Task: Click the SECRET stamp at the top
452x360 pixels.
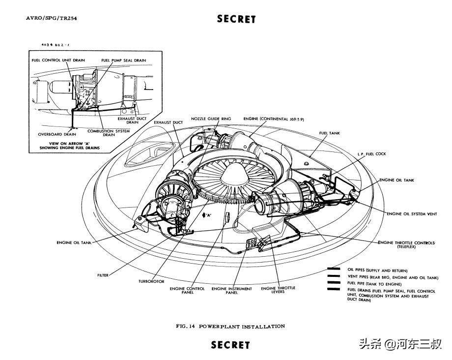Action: [x=236, y=19]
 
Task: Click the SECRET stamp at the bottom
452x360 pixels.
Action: [x=230, y=345]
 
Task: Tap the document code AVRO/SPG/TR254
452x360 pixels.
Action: [x=52, y=18]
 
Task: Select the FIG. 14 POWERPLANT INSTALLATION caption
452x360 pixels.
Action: [x=230, y=326]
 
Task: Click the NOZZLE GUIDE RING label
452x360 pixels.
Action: [x=211, y=119]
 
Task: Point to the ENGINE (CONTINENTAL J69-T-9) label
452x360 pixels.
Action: [x=274, y=119]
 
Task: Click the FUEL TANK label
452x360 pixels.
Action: [x=330, y=133]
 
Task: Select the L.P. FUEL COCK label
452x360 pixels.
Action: [x=371, y=154]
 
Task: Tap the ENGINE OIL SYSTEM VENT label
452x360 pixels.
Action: [x=412, y=214]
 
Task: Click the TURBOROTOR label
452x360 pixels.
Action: [x=151, y=281]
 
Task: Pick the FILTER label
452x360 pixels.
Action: [x=103, y=275]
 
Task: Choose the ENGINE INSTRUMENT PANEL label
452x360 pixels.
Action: [x=232, y=291]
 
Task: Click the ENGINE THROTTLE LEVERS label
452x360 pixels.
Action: [x=278, y=290]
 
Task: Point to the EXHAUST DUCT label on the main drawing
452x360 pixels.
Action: [x=169, y=122]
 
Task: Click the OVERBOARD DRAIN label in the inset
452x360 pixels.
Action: [x=57, y=134]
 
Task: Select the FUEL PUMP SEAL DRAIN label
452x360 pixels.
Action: [x=124, y=60]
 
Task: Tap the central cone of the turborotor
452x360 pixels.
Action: [x=234, y=174]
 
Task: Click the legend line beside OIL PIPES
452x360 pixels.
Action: [x=334, y=269]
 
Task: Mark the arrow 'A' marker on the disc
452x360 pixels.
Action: [x=207, y=215]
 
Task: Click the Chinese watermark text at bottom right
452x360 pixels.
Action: [x=400, y=344]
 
